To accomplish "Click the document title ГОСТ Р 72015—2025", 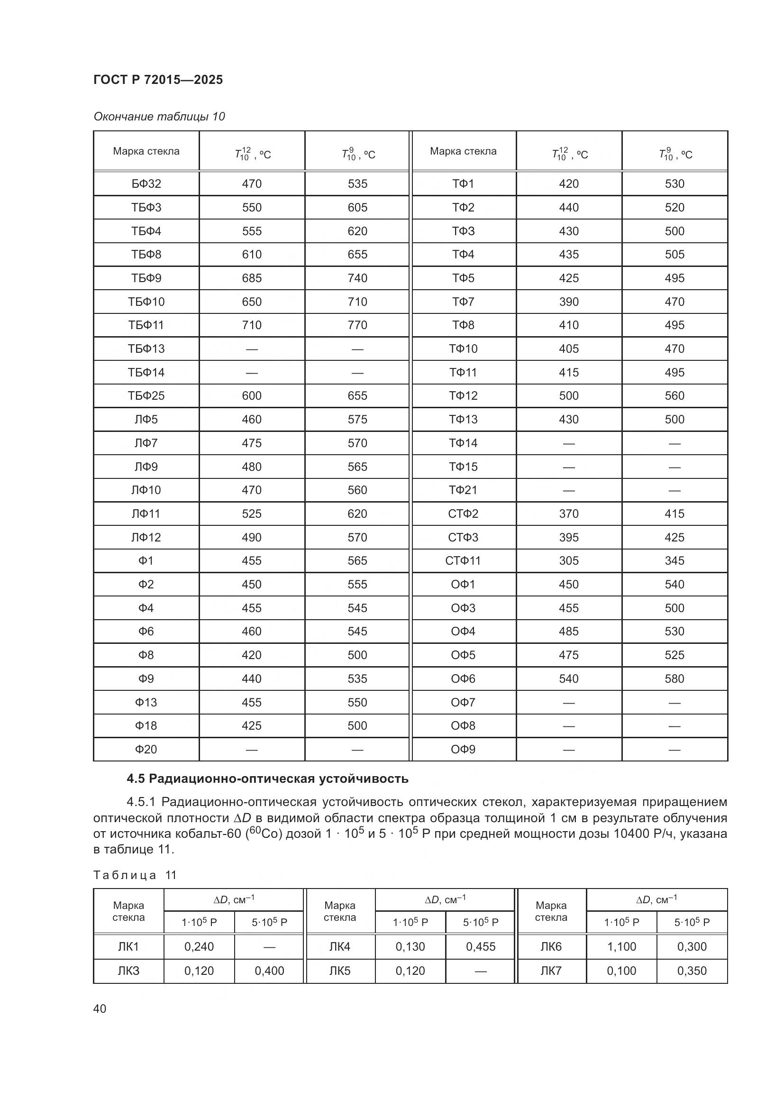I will (x=158, y=80).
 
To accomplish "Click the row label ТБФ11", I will (x=146, y=325).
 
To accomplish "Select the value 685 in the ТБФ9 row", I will (x=252, y=278).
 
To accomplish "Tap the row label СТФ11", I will (x=463, y=561).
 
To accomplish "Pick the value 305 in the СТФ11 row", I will (x=569, y=561).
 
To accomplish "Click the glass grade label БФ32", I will (x=146, y=184).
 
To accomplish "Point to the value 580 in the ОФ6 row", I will (x=675, y=678).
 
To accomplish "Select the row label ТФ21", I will (x=463, y=490).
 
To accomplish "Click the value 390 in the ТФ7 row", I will (x=569, y=302).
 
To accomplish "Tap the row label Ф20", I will (x=146, y=749).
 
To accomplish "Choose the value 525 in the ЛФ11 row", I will (x=252, y=514).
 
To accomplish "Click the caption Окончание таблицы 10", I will (x=159, y=117).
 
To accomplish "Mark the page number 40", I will (x=100, y=1008).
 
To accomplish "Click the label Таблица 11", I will (x=135, y=875).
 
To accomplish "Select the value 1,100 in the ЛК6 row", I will (x=621, y=947).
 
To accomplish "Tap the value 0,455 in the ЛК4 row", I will (x=480, y=947).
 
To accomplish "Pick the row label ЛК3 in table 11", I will (x=128, y=971).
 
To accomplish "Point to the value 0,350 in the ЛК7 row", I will (x=691, y=971).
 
